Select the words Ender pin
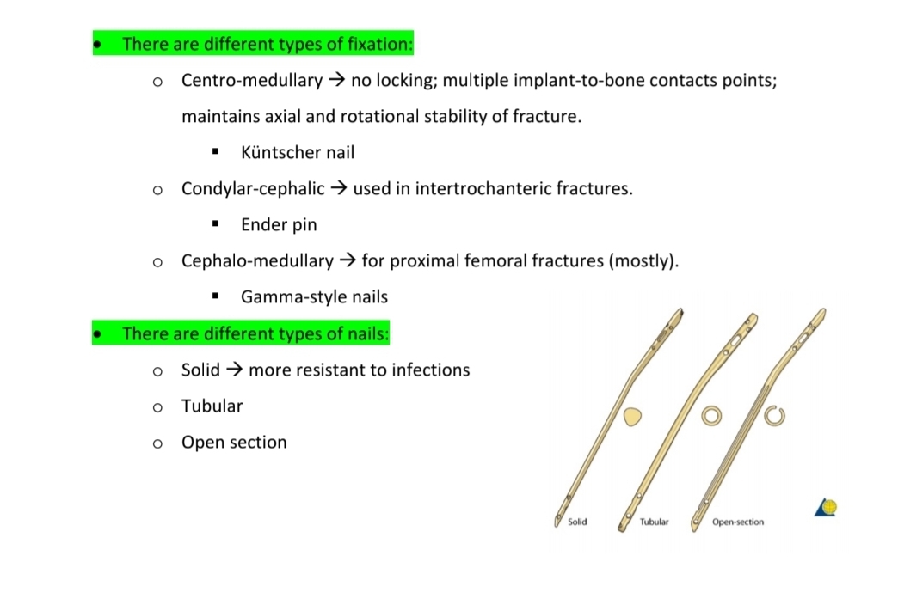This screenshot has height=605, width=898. (279, 225)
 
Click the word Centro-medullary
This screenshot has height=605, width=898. (251, 81)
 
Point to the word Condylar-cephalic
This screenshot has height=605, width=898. (253, 189)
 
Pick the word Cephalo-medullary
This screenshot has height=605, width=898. (257, 260)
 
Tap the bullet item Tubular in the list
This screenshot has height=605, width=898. (212, 406)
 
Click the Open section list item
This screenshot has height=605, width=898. (233, 443)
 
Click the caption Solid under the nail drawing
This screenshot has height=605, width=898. (577, 522)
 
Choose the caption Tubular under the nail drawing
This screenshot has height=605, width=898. (654, 522)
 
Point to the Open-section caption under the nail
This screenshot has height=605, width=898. (737, 522)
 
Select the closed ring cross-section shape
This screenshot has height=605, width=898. (711, 416)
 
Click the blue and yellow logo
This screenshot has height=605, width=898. (826, 508)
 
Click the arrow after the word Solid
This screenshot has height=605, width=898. (234, 370)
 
